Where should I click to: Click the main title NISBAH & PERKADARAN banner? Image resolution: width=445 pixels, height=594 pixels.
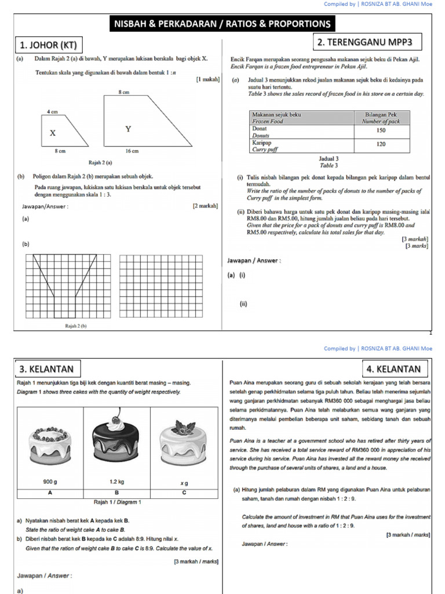(x=222, y=24)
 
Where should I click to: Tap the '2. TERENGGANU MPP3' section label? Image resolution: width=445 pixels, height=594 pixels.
(x=367, y=42)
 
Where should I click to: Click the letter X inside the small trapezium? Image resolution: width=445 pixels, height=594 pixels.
(x=53, y=133)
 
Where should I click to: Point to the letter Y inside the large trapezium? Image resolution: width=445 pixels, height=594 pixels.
(x=128, y=129)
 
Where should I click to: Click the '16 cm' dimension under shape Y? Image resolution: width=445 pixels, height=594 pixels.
(x=132, y=151)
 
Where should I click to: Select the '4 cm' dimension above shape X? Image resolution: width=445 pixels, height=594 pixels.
(x=52, y=111)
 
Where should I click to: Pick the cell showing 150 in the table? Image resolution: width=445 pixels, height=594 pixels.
(x=381, y=131)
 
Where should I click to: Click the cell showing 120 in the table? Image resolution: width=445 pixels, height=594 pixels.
(x=381, y=143)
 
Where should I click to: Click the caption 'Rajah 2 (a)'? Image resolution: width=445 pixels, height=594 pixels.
(x=100, y=163)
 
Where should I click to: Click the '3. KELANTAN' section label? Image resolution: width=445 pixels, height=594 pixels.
(x=47, y=369)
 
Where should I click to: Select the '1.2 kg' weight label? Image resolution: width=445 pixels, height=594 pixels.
(x=118, y=481)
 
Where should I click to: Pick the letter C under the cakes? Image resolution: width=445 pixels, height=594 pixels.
(x=184, y=492)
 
